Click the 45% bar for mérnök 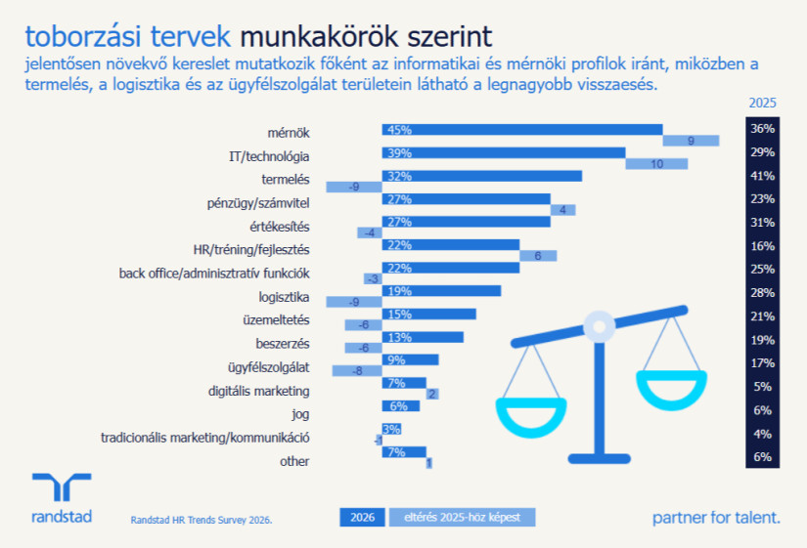[x=521, y=129]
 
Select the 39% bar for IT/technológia [x=503, y=152]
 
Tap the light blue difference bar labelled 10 [x=656, y=164]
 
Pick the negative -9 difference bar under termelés [x=353, y=187]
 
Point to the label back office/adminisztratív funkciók [x=214, y=273]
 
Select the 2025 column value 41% [x=762, y=176]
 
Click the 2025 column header [x=762, y=103]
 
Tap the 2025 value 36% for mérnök [x=762, y=129]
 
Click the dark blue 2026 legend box [x=362, y=517]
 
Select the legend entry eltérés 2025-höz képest [x=462, y=517]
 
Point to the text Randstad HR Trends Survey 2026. [x=201, y=520]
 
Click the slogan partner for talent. [x=716, y=517]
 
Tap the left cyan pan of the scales [x=532, y=414]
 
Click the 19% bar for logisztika [x=441, y=290]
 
